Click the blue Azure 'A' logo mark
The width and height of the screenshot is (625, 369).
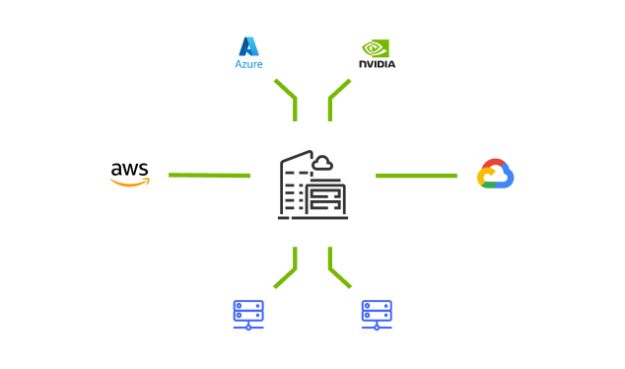point(248,45)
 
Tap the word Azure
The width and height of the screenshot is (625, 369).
point(248,64)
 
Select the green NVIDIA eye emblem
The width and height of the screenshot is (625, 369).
point(376,46)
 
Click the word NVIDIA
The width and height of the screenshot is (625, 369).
point(376,64)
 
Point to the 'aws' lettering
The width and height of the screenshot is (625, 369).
point(130,169)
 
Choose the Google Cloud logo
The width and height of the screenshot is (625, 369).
point(495,174)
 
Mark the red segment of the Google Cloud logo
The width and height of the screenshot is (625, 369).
point(493,164)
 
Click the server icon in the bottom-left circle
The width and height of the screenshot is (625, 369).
point(247,315)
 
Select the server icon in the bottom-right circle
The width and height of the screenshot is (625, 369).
point(376,315)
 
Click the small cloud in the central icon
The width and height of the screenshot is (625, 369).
point(322,163)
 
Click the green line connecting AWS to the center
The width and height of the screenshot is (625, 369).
point(207,175)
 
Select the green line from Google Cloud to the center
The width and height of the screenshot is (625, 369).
point(416,176)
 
